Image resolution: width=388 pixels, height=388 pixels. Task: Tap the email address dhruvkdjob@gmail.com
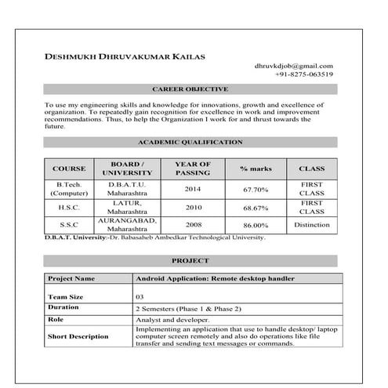pyautogui.click(x=294, y=66)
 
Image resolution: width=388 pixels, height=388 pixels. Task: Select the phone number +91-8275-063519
pyautogui.click(x=304, y=74)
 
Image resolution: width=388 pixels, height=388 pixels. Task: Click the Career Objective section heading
pyautogui.click(x=190, y=89)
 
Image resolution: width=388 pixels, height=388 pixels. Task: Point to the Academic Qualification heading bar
pyautogui.click(x=190, y=143)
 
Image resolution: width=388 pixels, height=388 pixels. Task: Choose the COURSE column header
pyautogui.click(x=69, y=169)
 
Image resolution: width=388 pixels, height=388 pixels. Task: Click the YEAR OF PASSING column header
pyautogui.click(x=193, y=169)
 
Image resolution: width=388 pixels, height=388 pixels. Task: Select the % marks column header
pyautogui.click(x=256, y=169)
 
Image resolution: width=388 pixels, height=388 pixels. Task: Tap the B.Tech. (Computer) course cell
pyautogui.click(x=69, y=188)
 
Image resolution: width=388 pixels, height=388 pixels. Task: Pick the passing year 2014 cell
pyautogui.click(x=193, y=189)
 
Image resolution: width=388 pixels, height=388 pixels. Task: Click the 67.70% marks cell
pyautogui.click(x=256, y=189)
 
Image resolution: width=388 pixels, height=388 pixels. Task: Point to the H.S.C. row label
pyautogui.click(x=69, y=208)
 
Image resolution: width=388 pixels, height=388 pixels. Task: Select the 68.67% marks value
pyautogui.click(x=256, y=209)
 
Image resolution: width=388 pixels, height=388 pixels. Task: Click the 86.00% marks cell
pyautogui.click(x=256, y=225)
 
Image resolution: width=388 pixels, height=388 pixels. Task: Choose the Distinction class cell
pyautogui.click(x=311, y=225)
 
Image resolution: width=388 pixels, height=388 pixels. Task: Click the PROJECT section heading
pyautogui.click(x=190, y=260)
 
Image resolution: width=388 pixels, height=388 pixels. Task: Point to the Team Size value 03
pyautogui.click(x=140, y=297)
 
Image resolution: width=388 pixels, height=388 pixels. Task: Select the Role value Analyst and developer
pyautogui.click(x=172, y=320)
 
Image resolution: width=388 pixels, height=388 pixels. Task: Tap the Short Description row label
pyautogui.click(x=78, y=336)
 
